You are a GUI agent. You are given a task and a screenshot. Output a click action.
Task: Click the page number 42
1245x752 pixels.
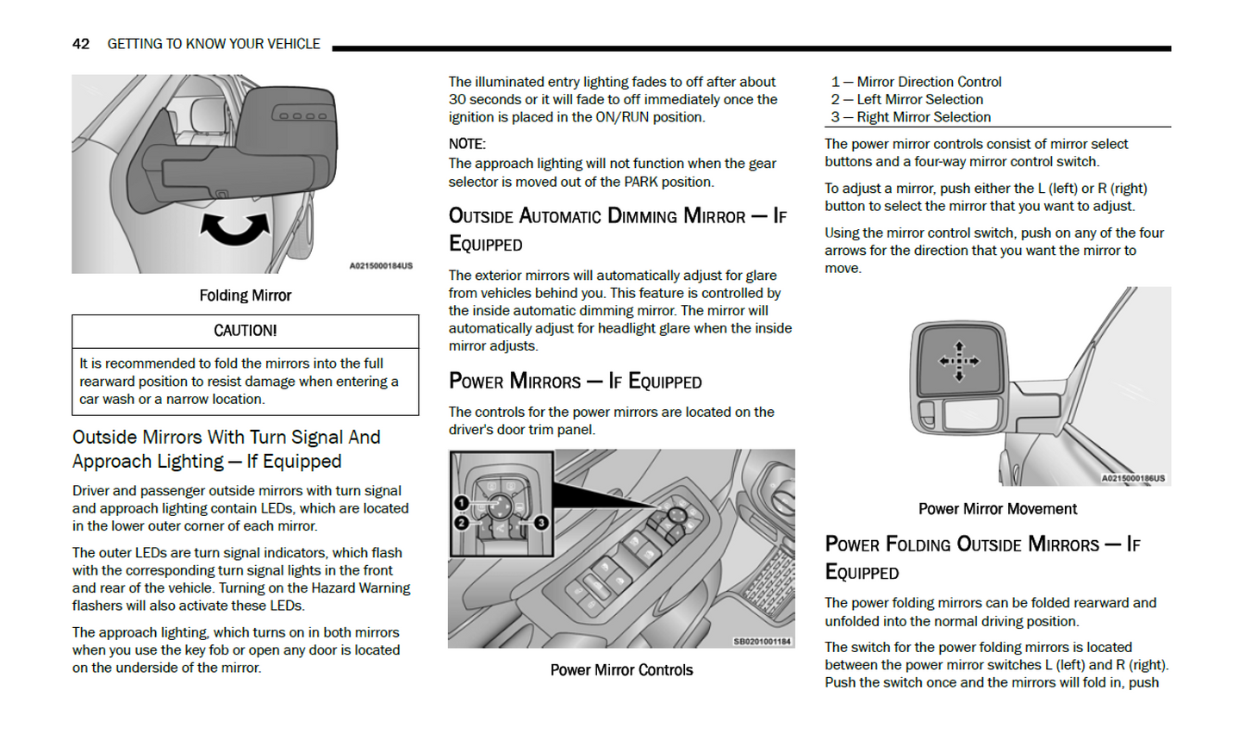[x=80, y=44]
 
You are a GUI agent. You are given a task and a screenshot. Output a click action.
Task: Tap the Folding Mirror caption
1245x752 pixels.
[x=245, y=295]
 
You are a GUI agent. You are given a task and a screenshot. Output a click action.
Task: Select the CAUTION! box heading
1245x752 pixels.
[x=245, y=331]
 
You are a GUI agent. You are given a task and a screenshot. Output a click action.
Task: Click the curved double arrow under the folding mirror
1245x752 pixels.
[x=234, y=229]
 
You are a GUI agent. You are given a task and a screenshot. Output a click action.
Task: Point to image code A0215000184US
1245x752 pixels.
[x=380, y=266]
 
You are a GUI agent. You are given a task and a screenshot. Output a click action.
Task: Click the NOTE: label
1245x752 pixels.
[x=467, y=144]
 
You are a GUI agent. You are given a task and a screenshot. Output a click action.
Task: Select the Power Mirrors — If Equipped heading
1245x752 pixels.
[x=575, y=382]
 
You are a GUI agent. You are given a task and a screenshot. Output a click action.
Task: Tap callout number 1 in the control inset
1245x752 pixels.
[x=461, y=503]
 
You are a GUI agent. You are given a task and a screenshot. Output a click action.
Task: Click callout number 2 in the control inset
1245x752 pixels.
[x=461, y=523]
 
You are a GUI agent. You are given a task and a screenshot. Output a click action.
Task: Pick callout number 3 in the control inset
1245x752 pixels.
[x=541, y=523]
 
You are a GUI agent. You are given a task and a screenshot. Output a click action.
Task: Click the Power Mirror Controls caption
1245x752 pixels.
[x=621, y=670]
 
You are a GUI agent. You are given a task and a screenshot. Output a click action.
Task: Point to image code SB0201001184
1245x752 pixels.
[x=762, y=642]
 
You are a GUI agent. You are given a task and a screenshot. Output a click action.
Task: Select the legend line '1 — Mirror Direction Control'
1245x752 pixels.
[x=916, y=82]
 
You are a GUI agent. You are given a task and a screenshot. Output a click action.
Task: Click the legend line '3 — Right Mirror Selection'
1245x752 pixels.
[x=911, y=117]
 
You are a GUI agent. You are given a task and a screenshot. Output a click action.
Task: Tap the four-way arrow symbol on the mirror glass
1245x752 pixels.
[x=959, y=361]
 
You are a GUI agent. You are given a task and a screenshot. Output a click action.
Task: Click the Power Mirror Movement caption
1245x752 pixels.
[x=997, y=509]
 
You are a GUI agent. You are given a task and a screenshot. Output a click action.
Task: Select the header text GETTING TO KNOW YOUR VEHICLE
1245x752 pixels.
[x=214, y=44]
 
